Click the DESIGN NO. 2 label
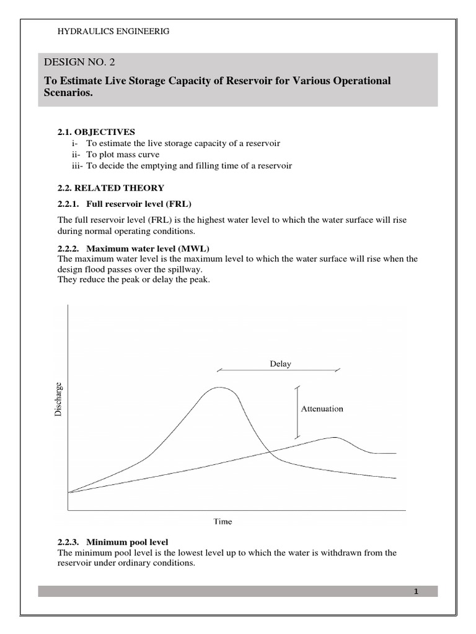(79, 62)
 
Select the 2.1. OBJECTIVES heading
(96, 132)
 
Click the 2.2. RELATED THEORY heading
(111, 188)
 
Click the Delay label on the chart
(280, 364)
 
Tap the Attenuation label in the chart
(322, 409)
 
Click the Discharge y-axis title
(58, 399)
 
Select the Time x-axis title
(223, 521)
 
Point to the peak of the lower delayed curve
(335, 437)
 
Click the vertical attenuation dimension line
(297, 412)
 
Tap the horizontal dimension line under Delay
(278, 371)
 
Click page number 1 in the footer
(416, 591)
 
